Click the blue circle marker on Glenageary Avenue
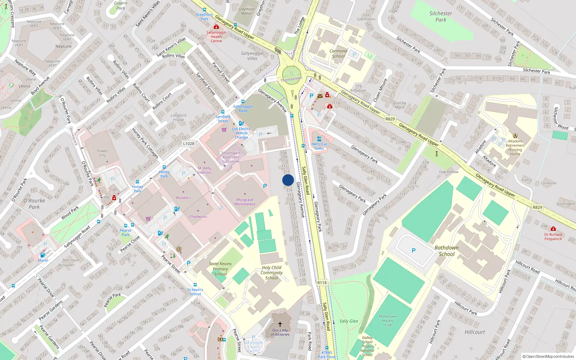pos(288,180)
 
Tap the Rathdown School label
pos(446,251)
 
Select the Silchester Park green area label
pos(441,17)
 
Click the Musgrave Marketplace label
pos(245,202)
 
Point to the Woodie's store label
pos(183,198)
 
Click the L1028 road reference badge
pos(189,144)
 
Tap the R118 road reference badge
pos(322,283)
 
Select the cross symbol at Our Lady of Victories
pos(280,324)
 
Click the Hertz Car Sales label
pos(319,146)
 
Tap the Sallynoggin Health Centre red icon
pos(216,27)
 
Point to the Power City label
pos(103,153)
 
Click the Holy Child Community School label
pos(271,273)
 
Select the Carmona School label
pos(338,53)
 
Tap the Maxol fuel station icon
pos(42,255)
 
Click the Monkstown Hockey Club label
pos(388,320)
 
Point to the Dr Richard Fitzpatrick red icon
pos(553,229)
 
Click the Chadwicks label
pos(198,217)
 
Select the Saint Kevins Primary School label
pos(220,269)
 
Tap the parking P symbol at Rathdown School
pos(413,251)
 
